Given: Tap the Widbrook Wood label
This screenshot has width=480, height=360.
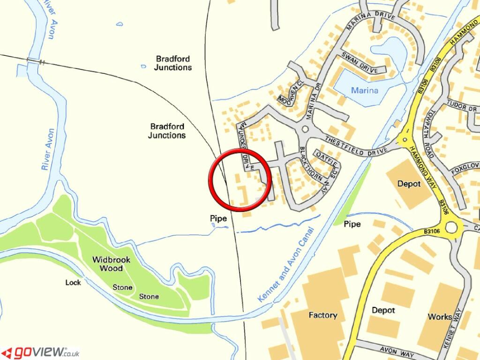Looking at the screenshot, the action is [x=107, y=264].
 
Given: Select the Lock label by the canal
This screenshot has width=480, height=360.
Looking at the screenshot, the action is [x=73, y=283].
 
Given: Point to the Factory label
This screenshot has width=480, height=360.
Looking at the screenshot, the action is [x=322, y=315].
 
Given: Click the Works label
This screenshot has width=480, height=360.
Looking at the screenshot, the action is [x=440, y=317].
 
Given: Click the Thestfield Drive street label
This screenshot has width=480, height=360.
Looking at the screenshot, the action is [x=356, y=145].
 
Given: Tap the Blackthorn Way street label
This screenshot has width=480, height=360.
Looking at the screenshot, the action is [x=313, y=171].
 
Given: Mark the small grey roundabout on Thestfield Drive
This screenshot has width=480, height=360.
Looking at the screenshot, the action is [x=306, y=129].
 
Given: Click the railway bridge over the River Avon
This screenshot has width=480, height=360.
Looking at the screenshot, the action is [x=36, y=61].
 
